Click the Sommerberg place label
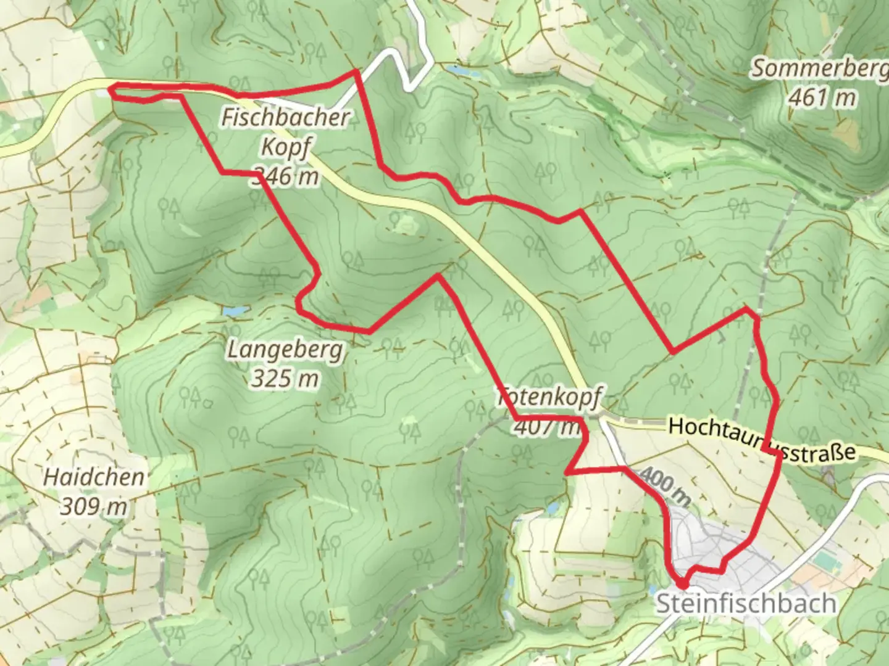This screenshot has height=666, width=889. tap(819, 69)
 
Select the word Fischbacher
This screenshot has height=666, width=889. tap(286, 118)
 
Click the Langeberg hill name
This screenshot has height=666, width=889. tap(285, 350)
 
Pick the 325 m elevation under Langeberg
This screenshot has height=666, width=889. tap(285, 378)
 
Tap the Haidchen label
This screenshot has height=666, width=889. tap(94, 477)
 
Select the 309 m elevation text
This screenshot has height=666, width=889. tap(93, 506)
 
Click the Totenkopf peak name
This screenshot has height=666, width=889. tap(549, 398)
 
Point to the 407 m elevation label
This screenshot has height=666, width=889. tap(546, 427)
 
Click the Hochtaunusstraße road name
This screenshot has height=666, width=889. tap(762, 439)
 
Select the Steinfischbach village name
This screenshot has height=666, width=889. tap(746, 603)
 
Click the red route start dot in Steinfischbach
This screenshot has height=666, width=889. tap(682, 583)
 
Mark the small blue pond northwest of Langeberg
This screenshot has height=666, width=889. tap(236, 311)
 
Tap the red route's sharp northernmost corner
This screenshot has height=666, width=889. tap(356, 72)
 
